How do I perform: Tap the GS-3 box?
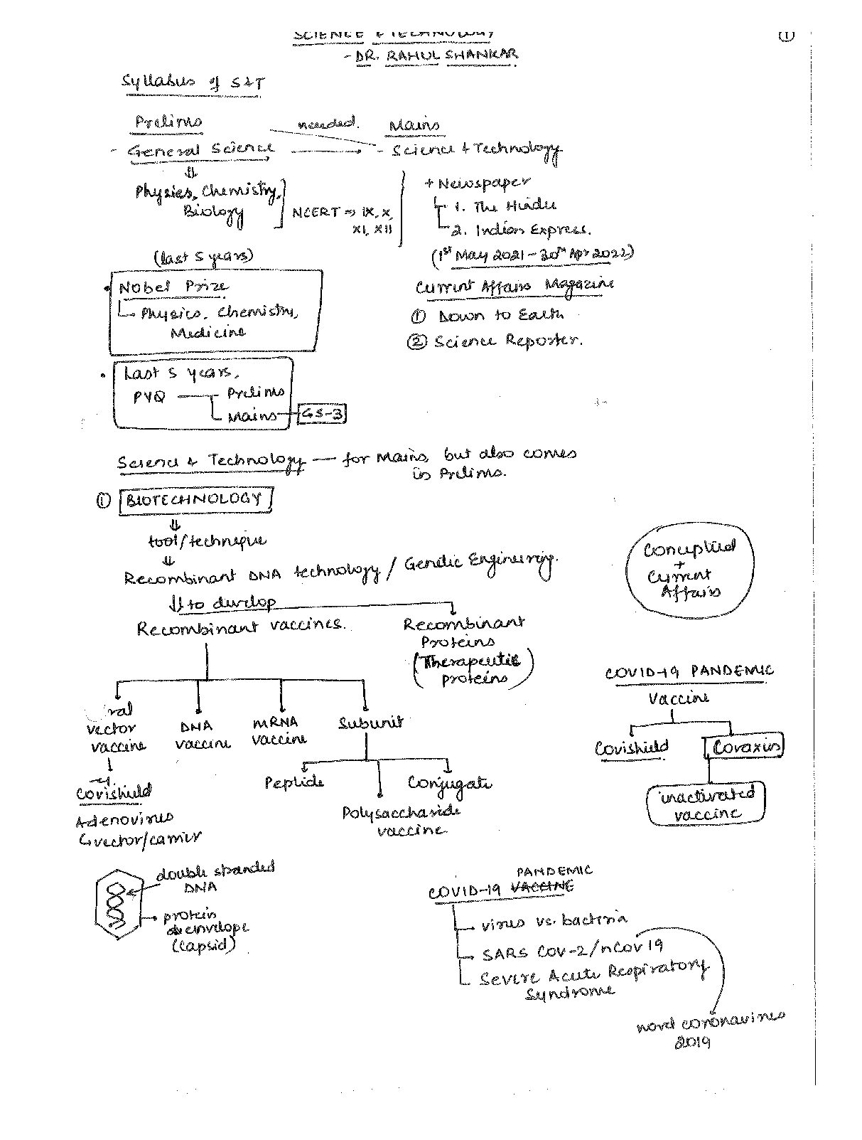tap(322, 414)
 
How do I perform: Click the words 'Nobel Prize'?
tap(173, 287)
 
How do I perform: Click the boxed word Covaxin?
tap(745, 747)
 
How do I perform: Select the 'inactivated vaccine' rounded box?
tap(706, 804)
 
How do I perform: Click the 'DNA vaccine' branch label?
tap(202, 735)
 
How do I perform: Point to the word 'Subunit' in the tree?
tap(370, 722)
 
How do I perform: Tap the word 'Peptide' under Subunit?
tap(293, 783)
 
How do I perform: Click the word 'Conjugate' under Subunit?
tap(449, 783)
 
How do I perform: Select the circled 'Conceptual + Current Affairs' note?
tap(689, 570)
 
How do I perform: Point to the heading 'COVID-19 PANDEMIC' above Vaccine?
tap(689, 671)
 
